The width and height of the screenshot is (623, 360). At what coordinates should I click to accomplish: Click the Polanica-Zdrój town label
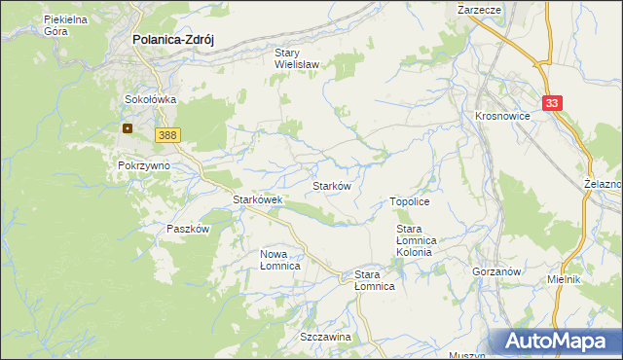(172, 40)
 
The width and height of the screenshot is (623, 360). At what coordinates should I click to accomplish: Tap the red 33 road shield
(553, 102)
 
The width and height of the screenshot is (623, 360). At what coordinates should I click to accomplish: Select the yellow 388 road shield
(166, 135)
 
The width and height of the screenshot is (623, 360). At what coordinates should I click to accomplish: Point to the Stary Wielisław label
(301, 60)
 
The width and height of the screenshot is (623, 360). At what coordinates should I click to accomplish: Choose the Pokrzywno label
(144, 165)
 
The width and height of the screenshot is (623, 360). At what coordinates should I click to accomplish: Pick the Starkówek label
(257, 199)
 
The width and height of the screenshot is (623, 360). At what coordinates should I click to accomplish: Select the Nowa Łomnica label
(279, 260)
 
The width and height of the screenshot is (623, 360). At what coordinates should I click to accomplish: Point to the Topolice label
(410, 200)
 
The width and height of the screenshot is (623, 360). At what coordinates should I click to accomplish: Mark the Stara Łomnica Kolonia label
(420, 240)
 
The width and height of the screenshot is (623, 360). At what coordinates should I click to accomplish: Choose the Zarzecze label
(479, 9)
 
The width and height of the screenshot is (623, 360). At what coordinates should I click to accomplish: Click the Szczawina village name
(325, 336)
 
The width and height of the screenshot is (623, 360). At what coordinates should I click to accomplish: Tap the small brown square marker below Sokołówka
(127, 127)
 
